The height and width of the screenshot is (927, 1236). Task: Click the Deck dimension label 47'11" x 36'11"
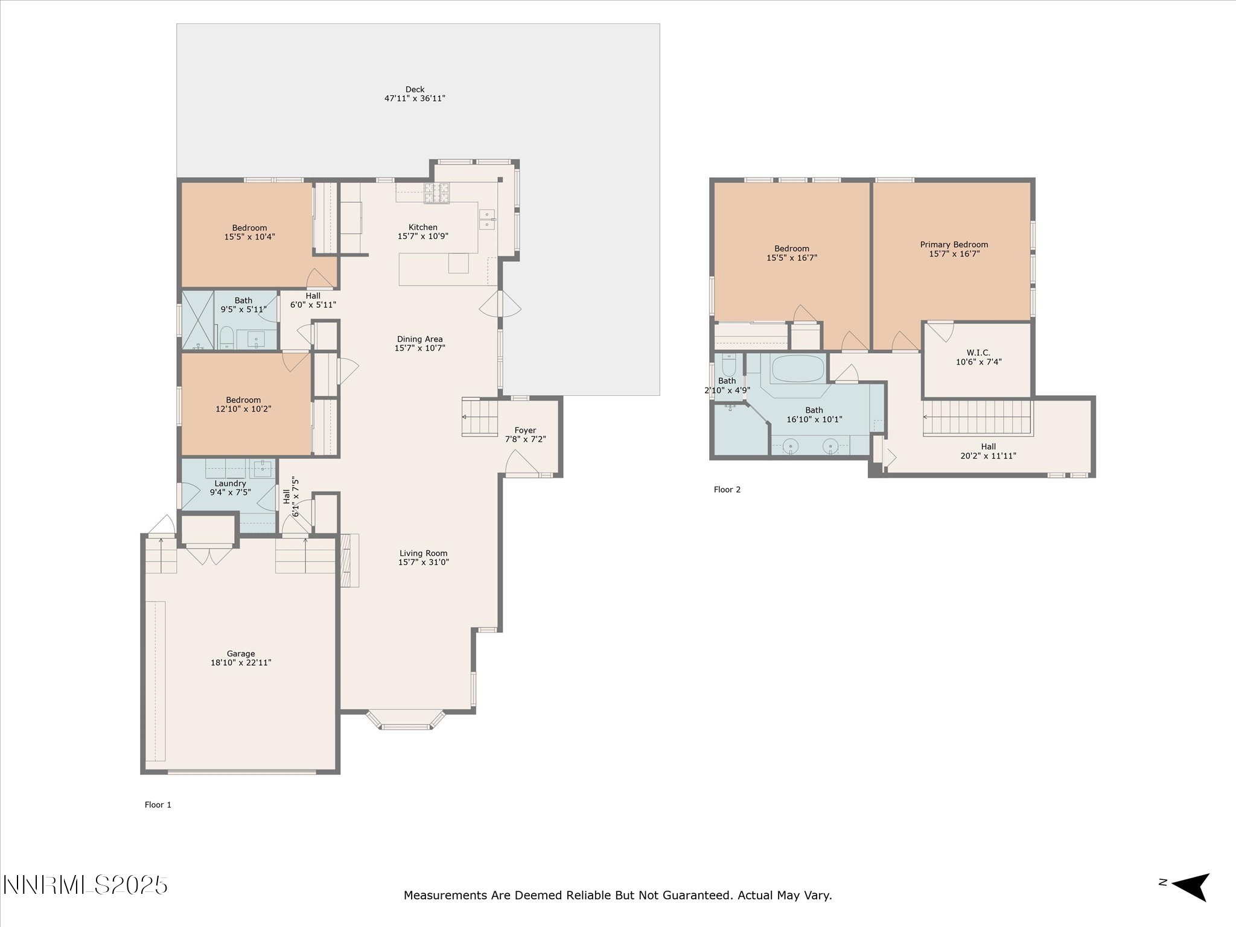415,98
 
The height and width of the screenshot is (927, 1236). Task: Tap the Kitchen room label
423,228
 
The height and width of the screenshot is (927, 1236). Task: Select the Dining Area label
420,339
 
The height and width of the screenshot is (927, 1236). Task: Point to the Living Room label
424,553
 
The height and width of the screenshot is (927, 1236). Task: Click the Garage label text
241,654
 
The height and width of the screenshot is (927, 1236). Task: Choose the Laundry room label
230,483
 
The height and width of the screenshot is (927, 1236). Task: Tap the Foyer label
525,431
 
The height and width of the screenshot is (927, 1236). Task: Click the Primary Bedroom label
954,244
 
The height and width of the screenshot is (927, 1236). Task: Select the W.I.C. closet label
978,353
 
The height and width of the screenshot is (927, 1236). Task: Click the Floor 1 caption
158,804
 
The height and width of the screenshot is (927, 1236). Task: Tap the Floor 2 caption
727,489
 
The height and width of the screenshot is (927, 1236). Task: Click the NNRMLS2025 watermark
85,885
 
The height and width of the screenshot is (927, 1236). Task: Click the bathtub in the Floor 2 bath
798,368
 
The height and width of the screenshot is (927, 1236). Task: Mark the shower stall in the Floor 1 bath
199,320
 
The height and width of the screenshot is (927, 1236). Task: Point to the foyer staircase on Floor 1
480,417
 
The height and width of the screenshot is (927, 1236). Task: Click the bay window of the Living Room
406,721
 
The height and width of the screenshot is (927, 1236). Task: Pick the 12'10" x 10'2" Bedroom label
243,404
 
